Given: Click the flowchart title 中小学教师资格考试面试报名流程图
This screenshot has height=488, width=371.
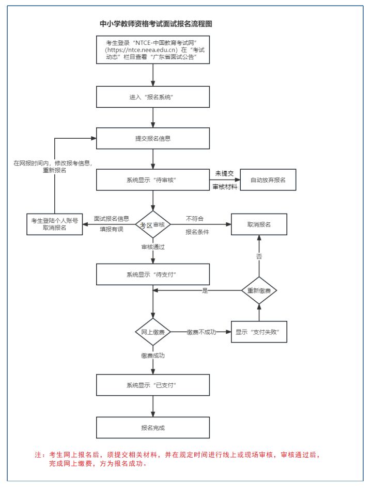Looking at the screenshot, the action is point(156,24).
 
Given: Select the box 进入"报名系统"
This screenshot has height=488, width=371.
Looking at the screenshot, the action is point(153,97).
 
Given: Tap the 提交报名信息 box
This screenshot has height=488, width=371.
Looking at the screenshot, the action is point(153,138).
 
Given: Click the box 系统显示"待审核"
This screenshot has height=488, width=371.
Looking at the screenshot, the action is point(153,180).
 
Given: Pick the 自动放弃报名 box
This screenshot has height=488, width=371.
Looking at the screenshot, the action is point(268,180).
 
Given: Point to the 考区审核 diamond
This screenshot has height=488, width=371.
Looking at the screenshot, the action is point(153,225).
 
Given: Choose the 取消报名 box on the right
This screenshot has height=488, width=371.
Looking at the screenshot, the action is point(259,224).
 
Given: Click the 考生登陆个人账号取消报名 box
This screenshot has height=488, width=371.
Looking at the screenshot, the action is point(55,224).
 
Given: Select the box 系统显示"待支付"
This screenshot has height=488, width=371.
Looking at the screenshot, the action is point(153,274).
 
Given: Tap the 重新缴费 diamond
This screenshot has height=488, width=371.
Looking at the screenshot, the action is point(259,290).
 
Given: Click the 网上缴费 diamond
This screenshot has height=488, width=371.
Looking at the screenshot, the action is point(153,332).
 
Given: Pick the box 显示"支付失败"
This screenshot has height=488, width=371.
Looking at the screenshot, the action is point(259,332).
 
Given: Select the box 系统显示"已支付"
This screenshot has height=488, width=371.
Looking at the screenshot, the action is point(153,385).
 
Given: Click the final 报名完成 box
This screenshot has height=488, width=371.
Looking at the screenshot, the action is point(153,428).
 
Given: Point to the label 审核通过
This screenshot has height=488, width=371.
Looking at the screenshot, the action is point(153,247).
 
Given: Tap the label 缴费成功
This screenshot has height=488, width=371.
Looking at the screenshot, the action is point(153,356).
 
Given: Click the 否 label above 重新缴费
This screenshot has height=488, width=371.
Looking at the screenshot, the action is point(259,256).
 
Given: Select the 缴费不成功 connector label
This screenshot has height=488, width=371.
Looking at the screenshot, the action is point(202,332).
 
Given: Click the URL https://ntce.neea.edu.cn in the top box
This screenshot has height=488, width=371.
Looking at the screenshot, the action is point(142,50).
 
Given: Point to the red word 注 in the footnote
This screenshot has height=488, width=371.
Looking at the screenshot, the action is point(38,454).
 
